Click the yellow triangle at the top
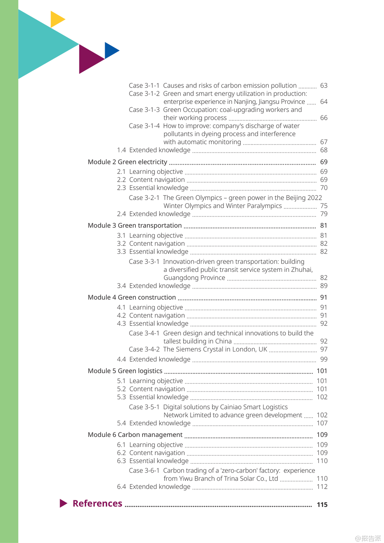pos(56,19)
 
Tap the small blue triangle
pos(110,50)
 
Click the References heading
pos(97,504)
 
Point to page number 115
pos(322,505)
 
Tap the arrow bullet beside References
pos(63,503)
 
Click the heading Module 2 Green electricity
pos(127,162)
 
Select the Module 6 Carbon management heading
pos(135,434)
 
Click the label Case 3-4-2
pos(144,349)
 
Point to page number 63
pos(324,85)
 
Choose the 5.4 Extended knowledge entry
pos(153,423)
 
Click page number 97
pos(324,349)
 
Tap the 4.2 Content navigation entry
pos(151,315)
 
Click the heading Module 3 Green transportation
pos(135,226)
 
